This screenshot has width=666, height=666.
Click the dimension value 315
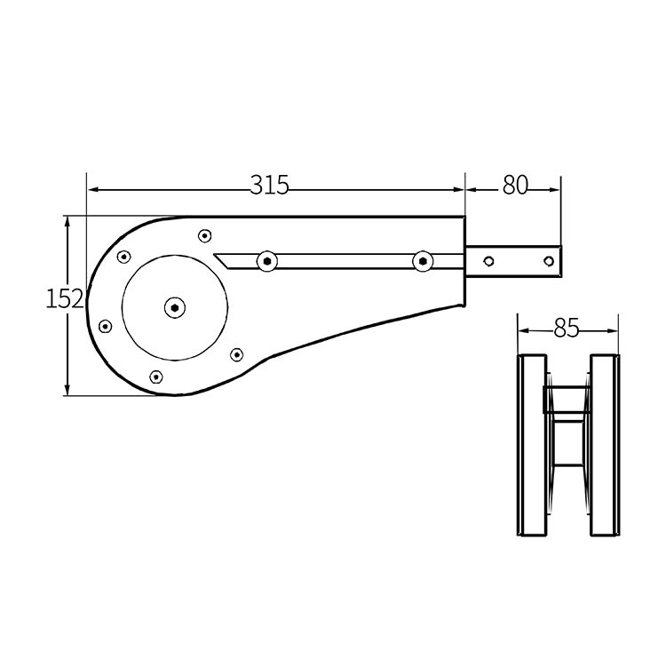[269, 186]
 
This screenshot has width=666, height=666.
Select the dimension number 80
[515, 186]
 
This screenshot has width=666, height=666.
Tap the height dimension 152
[64, 298]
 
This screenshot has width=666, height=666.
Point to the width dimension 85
[566, 329]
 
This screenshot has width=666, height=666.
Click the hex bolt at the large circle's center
[175, 308]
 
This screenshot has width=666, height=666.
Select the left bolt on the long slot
[266, 261]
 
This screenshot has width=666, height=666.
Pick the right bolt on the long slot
[423, 261]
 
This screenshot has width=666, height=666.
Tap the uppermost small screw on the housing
[204, 235]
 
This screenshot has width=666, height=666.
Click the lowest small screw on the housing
[157, 377]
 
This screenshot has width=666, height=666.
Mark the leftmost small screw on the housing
[106, 326]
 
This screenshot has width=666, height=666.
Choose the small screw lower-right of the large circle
[236, 354]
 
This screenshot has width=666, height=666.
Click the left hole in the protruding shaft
[488, 260]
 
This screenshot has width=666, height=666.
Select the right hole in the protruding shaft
[548, 260]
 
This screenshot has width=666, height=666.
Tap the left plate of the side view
[531, 445]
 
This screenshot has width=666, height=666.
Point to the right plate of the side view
[604, 445]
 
